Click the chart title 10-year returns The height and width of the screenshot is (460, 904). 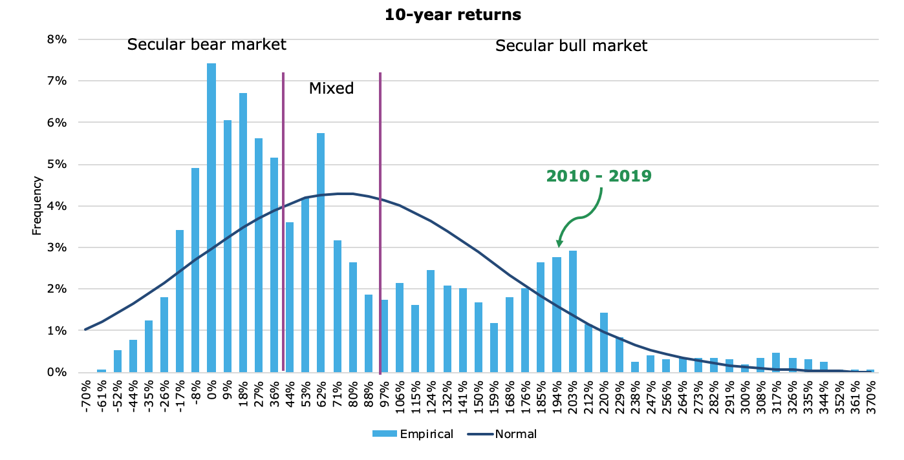pyautogui.click(x=453, y=15)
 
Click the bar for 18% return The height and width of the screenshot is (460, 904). pyautogui.click(x=243, y=233)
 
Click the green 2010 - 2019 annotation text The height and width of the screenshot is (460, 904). pyautogui.click(x=599, y=176)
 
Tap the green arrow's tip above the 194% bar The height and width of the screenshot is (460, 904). pyautogui.click(x=559, y=246)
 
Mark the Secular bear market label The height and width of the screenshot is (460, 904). pyautogui.click(x=206, y=45)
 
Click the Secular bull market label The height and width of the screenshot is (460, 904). pyautogui.click(x=571, y=46)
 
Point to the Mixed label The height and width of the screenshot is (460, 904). pyautogui.click(x=331, y=89)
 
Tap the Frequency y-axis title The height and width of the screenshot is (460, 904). pyautogui.click(x=38, y=206)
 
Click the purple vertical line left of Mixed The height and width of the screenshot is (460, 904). pyautogui.click(x=283, y=220)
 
